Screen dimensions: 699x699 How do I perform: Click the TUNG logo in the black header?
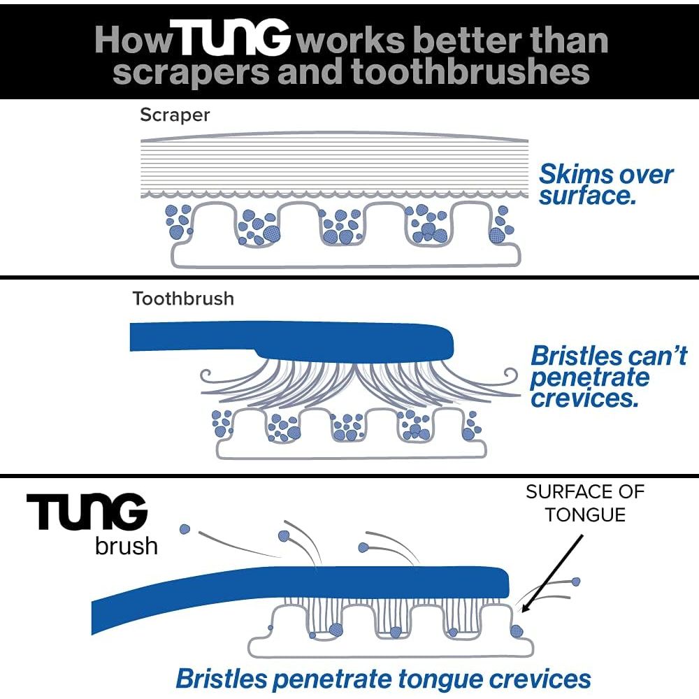coord(233,41)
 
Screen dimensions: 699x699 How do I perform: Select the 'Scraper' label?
coord(175,115)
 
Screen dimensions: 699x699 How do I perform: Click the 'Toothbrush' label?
coord(183,299)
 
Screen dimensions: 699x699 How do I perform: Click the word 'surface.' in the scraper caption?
coord(587,196)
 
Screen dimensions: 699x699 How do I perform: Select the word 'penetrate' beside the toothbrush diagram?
coord(590,377)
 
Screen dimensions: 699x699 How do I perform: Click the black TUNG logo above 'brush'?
coord(87,514)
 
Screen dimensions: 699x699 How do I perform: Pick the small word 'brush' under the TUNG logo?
coord(126,545)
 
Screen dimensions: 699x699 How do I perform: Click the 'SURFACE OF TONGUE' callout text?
coord(585,503)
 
